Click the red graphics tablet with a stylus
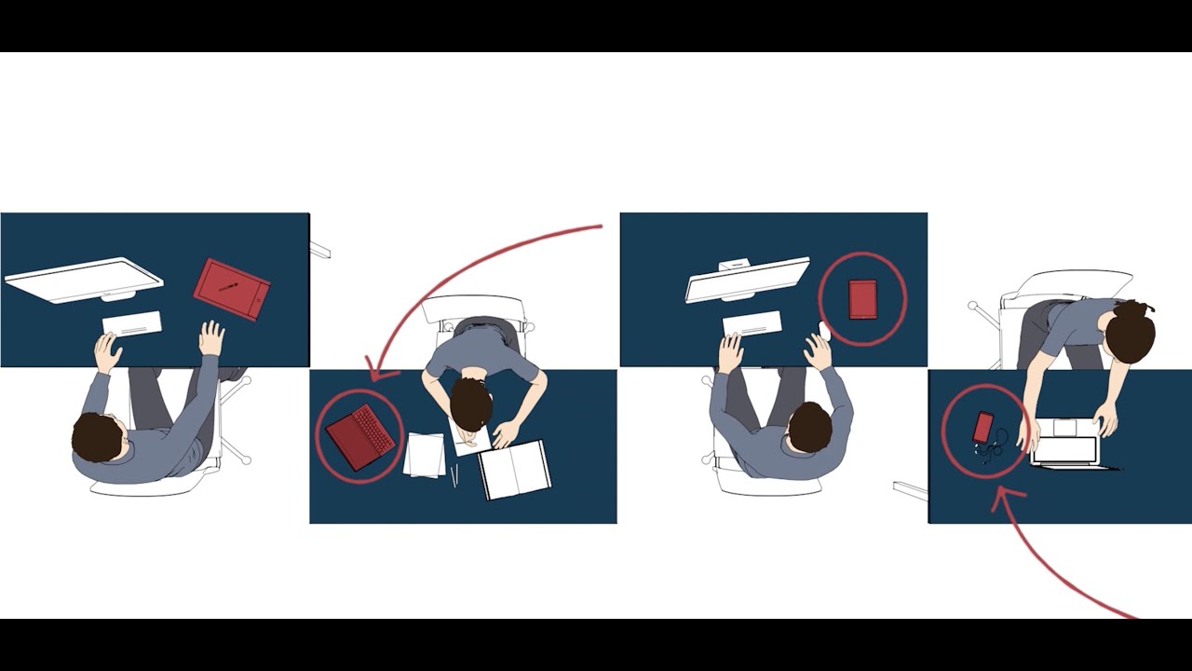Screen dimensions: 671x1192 [x=231, y=289]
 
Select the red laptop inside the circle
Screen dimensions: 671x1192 [x=359, y=436]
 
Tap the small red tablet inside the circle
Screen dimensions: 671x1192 [x=862, y=299]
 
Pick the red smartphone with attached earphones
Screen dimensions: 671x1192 [x=982, y=428]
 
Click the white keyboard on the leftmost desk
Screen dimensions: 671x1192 [x=131, y=324]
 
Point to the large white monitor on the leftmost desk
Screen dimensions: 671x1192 [x=84, y=281]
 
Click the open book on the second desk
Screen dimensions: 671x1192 [x=515, y=469]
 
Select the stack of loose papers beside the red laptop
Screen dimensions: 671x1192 [x=426, y=456]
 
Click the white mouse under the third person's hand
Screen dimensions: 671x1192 [x=824, y=331]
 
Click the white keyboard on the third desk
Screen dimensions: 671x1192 [x=752, y=323]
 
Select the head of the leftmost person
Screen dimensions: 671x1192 [x=98, y=437]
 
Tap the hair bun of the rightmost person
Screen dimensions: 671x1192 [x=1143, y=308]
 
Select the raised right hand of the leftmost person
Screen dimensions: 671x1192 [x=212, y=337]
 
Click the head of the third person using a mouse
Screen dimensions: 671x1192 [x=810, y=428]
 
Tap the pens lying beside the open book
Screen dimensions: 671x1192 [x=454, y=477]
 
